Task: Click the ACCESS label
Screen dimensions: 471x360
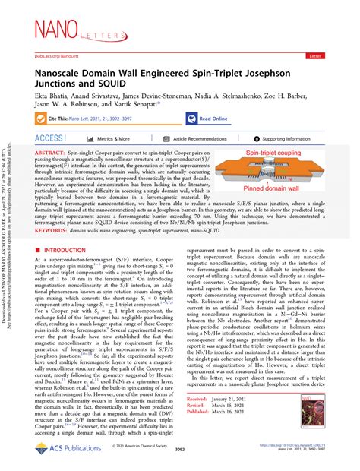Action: [49, 139]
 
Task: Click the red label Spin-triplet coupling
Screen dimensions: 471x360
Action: [270, 155]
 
